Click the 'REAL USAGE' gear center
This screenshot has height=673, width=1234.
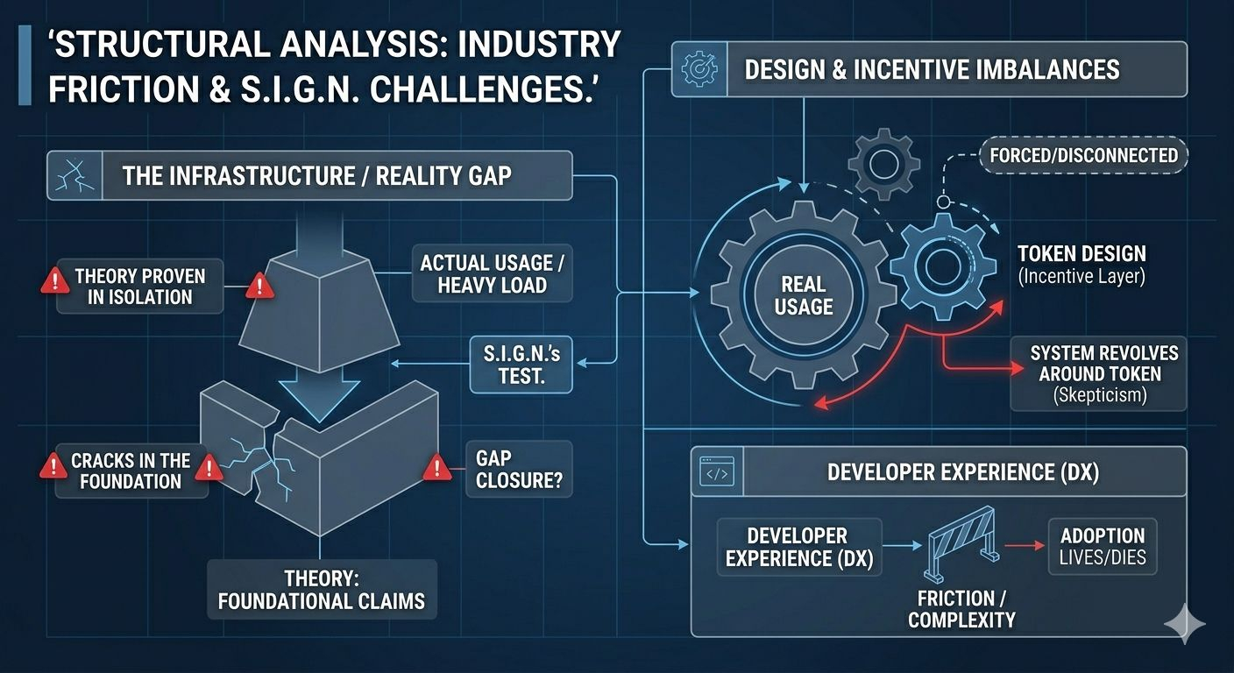click(803, 295)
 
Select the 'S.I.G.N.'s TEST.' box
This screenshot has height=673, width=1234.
click(521, 364)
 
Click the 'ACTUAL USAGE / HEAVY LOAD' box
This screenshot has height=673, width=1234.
click(493, 273)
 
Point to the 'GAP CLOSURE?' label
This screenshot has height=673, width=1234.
click(519, 469)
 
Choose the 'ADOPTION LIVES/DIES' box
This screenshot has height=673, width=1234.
click(1103, 546)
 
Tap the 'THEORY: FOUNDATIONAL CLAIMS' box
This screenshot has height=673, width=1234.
click(321, 590)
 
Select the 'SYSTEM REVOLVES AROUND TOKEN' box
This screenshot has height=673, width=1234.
click(1098, 373)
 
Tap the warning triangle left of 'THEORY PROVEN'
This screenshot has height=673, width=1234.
click(54, 281)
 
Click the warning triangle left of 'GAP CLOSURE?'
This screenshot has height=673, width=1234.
click(436, 469)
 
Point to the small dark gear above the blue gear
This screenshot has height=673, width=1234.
click(885, 163)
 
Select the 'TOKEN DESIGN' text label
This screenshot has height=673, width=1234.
click(1082, 254)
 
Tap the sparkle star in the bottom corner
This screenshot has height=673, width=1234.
click(1185, 623)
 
